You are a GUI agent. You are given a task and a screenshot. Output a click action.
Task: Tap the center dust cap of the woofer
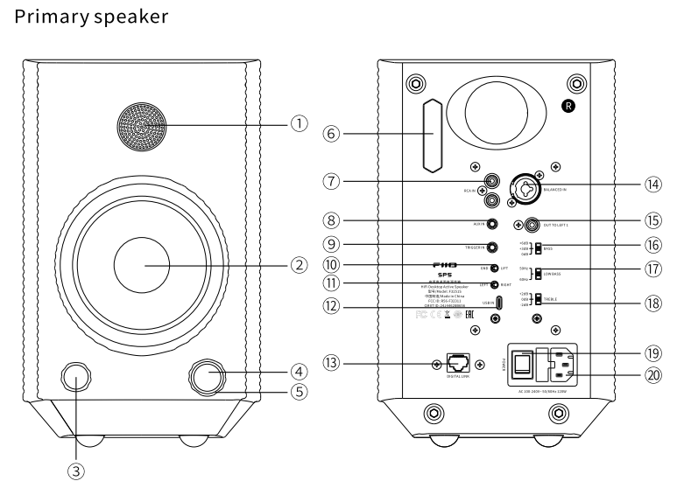click(x=144, y=263)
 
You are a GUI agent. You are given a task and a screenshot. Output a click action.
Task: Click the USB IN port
click(x=498, y=304)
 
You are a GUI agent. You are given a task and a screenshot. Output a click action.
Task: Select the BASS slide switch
click(x=539, y=247)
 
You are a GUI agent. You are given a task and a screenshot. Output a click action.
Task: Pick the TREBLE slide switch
click(x=539, y=303)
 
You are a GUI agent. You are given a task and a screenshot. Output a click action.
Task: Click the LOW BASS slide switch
click(x=539, y=274)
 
